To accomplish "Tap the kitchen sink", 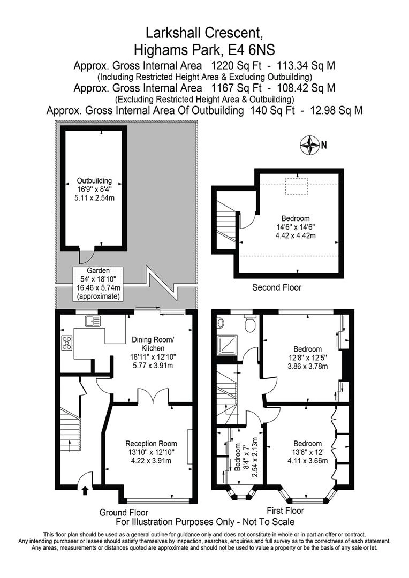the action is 92,322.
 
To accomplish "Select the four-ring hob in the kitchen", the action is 67,343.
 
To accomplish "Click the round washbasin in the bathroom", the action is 220,323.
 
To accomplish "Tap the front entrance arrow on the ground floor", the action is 85,490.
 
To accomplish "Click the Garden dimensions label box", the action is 98,283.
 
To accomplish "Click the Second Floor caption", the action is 277,287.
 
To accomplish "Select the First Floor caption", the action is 285,511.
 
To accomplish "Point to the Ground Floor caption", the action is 124,512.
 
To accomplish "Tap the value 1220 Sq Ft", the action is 236,66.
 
